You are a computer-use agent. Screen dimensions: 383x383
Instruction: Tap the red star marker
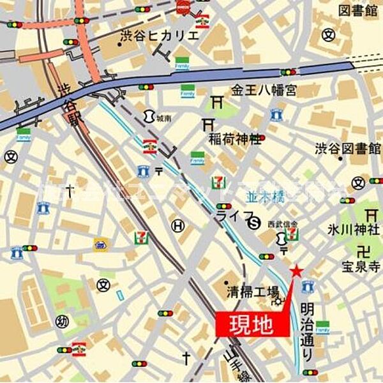(296, 272)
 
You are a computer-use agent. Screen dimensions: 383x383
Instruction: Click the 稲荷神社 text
(234, 137)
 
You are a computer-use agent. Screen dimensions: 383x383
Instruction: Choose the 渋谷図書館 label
(347, 149)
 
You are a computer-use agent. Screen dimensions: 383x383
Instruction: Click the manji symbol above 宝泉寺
(366, 251)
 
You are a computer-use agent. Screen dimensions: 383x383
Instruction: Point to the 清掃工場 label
(253, 292)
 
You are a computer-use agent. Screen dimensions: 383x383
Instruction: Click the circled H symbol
(179, 225)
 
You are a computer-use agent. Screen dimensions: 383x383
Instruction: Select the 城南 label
(164, 118)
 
